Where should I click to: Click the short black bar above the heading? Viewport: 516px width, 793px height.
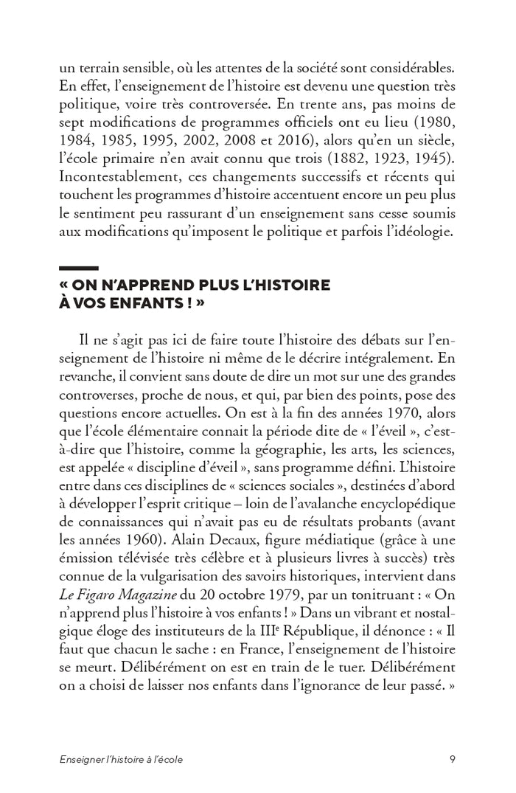coord(78,268)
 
